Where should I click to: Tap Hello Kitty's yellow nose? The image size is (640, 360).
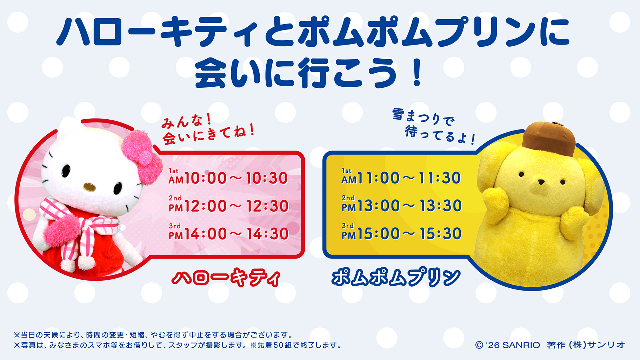tap(89, 187)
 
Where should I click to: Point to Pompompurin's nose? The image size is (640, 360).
tap(542, 182)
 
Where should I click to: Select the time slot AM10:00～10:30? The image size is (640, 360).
tap(228, 178)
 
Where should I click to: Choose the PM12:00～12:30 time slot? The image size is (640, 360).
tap(228, 205)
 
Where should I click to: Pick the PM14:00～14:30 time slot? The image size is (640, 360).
tap(228, 233)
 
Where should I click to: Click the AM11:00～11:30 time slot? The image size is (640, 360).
tap(401, 177)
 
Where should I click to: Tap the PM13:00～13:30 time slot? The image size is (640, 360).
tap(401, 205)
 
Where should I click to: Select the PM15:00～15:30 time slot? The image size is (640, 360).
tap(401, 233)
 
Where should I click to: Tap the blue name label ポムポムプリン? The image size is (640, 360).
tap(396, 278)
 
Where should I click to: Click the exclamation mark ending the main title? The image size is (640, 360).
tap(417, 73)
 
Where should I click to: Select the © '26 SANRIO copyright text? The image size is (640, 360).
tap(507, 345)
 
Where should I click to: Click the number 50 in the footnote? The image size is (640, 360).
tap(279, 345)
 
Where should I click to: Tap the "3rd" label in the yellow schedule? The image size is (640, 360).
tap(348, 226)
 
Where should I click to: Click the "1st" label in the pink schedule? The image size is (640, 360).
tap(173, 171)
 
